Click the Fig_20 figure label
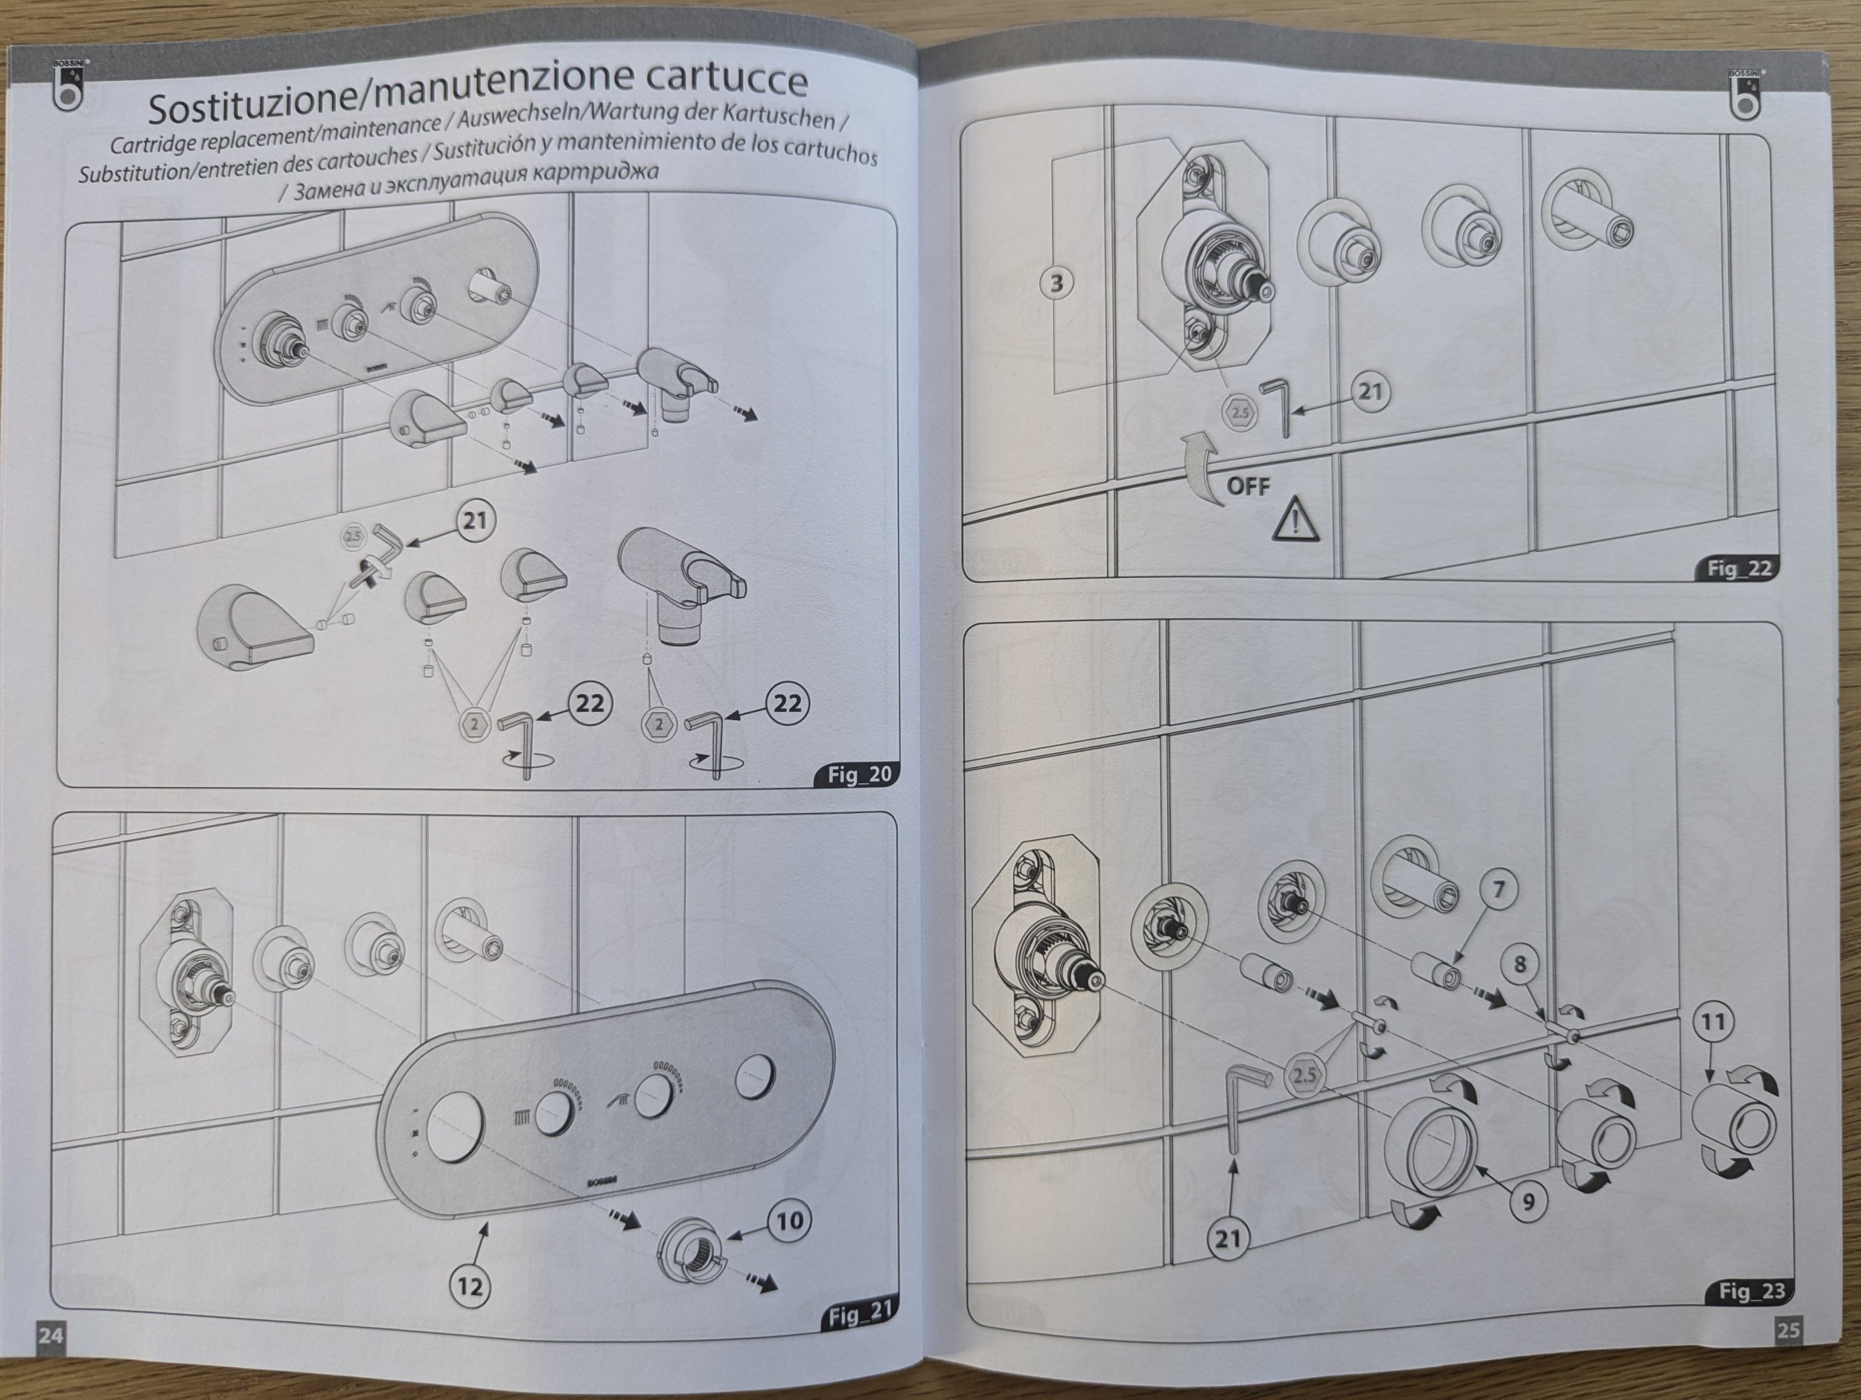[x=858, y=774]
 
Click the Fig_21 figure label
[x=859, y=1314]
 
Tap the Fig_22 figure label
[x=1739, y=569]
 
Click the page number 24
[x=51, y=1335]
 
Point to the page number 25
[x=1788, y=1329]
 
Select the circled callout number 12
[x=470, y=1285]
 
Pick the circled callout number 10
[x=788, y=1220]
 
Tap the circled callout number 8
[x=1519, y=963]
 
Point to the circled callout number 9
[x=1528, y=1202]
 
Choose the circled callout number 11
[x=1713, y=1022]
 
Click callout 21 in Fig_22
[x=1370, y=392]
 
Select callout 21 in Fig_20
[x=476, y=521]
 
